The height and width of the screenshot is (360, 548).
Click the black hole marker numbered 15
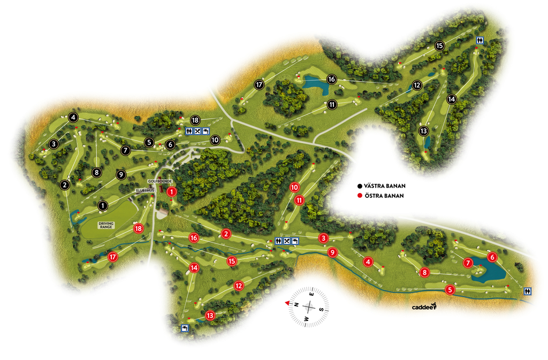pos(439,46)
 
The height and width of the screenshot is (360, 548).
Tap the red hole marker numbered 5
pos(450,290)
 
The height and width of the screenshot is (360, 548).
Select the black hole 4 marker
pos(73,118)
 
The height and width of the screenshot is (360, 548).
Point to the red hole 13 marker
pos(210,316)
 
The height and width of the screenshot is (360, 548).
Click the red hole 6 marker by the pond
pos(492,257)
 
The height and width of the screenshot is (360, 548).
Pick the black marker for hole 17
pos(259,85)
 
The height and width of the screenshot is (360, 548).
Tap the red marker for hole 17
pos(113,257)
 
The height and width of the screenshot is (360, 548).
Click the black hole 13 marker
pos(424,131)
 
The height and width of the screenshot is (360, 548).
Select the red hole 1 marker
pos(172,192)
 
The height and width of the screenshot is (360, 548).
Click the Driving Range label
pos(106,225)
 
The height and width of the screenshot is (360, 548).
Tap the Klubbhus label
pos(144,190)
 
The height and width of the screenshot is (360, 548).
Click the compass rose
pos(309,307)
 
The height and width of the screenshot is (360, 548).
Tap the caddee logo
pos(424,307)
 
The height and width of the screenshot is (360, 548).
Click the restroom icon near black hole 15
pos(481,40)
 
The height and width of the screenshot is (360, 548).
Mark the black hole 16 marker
pos(331,79)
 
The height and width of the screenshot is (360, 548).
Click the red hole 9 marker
pos(332,252)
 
